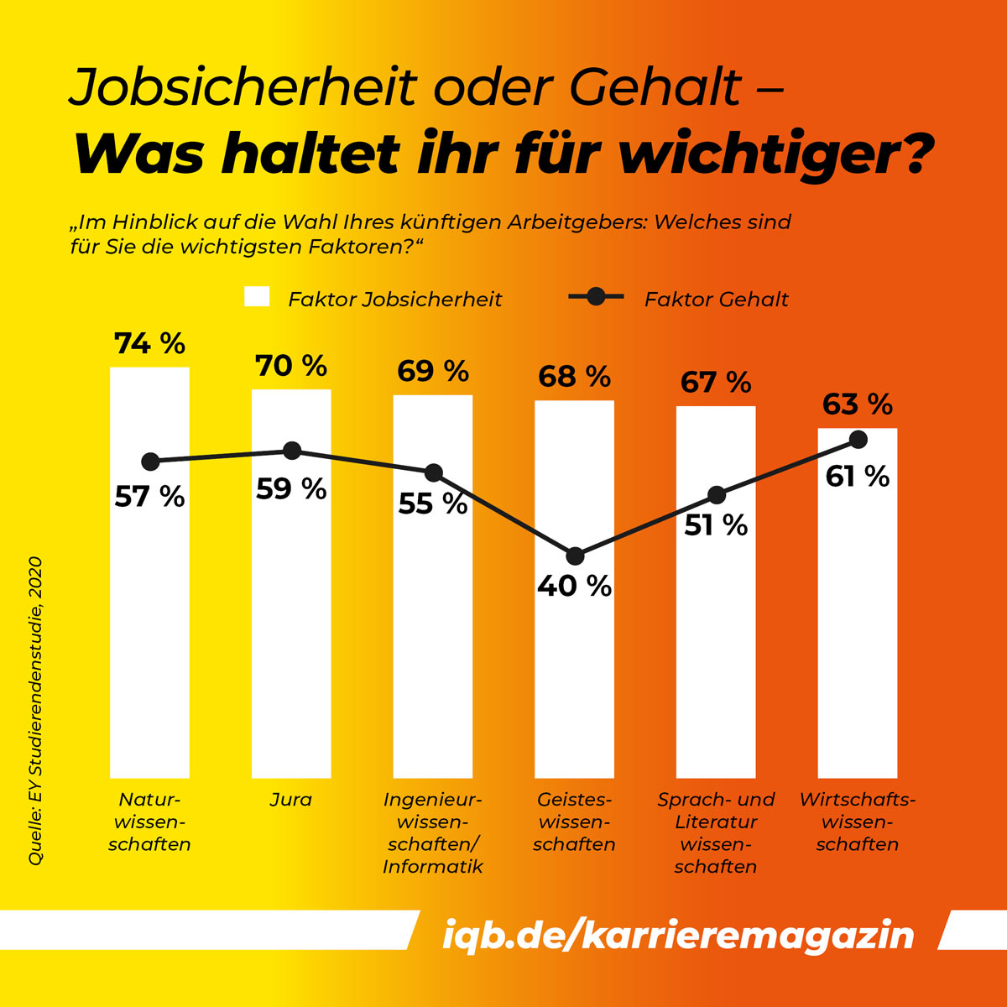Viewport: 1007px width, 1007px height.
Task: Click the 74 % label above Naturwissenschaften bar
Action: tap(149, 343)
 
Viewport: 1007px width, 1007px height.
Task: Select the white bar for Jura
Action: tap(291, 629)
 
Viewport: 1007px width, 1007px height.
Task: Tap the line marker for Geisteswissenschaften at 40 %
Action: tap(575, 556)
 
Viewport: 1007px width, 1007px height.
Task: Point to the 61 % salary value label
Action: tap(857, 477)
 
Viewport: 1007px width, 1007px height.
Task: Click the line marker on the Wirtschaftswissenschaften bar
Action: tap(858, 439)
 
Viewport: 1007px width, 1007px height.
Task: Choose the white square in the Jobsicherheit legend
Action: tap(257, 298)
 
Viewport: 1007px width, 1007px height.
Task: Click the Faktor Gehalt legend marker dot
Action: tap(596, 296)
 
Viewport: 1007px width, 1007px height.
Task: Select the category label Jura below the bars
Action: tap(290, 800)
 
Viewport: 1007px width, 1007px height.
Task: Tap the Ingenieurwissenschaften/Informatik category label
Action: tap(433, 832)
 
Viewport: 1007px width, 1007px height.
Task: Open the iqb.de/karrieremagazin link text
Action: tap(678, 935)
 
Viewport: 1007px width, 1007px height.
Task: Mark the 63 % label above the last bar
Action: tap(857, 404)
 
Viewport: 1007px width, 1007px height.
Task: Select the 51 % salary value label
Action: tap(716, 525)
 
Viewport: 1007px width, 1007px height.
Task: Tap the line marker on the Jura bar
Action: tap(291, 451)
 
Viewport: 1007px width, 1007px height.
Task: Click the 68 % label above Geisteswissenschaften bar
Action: tap(574, 377)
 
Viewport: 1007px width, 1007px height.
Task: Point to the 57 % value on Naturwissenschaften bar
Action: tap(149, 497)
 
